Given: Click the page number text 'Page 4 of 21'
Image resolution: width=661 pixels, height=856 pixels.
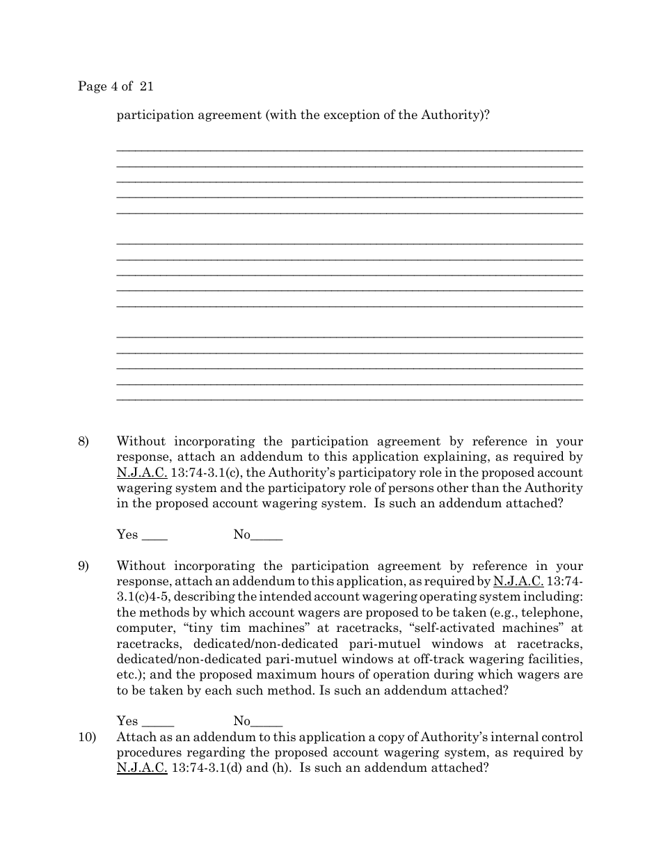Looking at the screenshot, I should (116, 87).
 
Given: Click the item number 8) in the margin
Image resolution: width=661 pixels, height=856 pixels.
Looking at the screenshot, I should (83, 441).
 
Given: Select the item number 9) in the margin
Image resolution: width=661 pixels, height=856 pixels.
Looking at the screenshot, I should (83, 566).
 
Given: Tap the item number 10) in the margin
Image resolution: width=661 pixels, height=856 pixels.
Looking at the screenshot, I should (86, 737).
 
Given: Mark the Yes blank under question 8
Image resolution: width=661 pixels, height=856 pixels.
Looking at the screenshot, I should (154, 536).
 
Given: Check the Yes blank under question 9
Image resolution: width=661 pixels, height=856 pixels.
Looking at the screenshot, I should (157, 722).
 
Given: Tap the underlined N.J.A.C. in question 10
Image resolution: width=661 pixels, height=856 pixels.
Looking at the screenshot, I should (142, 768).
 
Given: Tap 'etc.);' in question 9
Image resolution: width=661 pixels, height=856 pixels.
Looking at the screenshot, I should (132, 675).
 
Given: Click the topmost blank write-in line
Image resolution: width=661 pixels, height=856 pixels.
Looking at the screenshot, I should (349, 150).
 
